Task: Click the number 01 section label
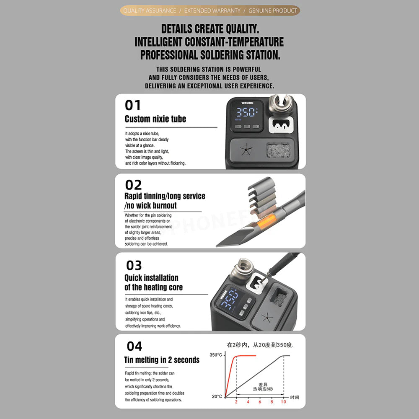coord(133,105)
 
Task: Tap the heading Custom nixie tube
coord(155,119)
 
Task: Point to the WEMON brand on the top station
coord(248,102)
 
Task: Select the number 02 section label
coord(133,185)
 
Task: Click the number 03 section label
coord(134,265)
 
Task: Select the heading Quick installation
coord(151,278)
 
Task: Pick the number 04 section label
coord(134,346)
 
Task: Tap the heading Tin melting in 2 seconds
coord(162,360)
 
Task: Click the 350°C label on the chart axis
coord(216,355)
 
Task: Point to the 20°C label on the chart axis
coord(217,396)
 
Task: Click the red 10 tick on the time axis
coord(283,402)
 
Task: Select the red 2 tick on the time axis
coord(236,402)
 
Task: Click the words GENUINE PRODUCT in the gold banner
coord(272,10)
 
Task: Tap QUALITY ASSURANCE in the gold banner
coord(149,10)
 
